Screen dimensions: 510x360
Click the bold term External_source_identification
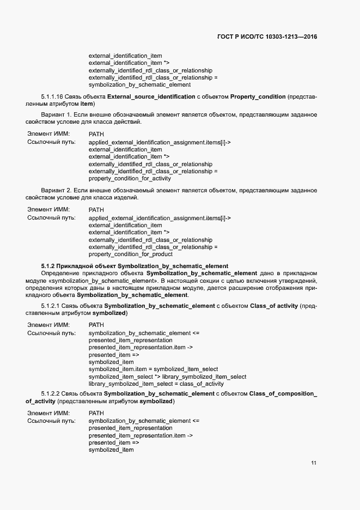(151, 96)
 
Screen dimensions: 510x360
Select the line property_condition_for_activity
(130, 178)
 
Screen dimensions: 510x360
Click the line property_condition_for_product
(130, 254)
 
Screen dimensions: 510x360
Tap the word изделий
(127, 197)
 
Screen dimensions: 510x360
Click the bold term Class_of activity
(273, 307)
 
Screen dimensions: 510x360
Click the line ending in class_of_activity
(156, 384)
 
